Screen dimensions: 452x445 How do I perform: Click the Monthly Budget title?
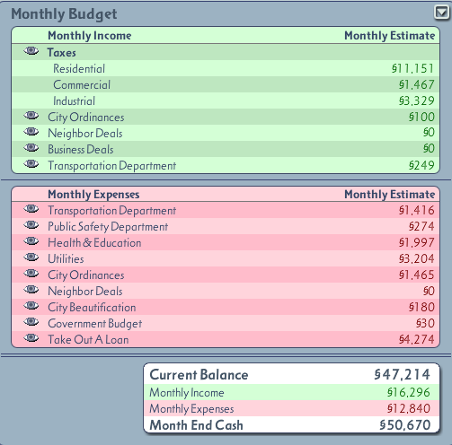pos(64,14)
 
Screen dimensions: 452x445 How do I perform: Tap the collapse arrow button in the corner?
pos(441,13)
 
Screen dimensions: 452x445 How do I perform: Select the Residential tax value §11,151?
pos(412,68)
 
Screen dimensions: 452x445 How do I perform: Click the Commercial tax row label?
pos(82,84)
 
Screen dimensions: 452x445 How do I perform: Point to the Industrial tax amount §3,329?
pos(416,100)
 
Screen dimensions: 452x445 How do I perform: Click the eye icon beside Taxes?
pos(31,51)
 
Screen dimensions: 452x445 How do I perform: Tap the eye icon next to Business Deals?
pos(31,148)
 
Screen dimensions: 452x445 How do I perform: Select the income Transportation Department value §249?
pos(421,165)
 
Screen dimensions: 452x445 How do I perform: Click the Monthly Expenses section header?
pos(93,195)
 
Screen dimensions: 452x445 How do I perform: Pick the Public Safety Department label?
pos(108,227)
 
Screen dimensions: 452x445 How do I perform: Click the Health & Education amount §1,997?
pos(416,242)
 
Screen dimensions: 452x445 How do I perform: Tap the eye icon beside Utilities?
pos(31,257)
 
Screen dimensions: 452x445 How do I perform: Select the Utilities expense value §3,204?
pos(416,258)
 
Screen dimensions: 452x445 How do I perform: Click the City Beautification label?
pos(92,308)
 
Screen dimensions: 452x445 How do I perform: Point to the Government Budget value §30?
pos(425,323)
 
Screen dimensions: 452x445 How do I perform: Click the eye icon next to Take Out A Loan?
pos(31,338)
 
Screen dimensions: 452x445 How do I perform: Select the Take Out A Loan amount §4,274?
pos(416,339)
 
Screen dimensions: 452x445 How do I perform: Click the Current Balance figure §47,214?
pos(402,375)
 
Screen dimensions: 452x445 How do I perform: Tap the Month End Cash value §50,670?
pos(404,425)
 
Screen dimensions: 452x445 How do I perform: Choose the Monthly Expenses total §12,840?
pos(409,408)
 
